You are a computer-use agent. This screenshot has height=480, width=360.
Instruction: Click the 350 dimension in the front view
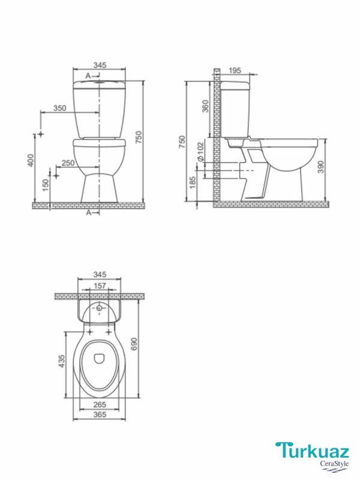[x=59, y=108]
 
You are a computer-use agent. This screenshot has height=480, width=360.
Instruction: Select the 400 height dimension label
[x=31, y=160]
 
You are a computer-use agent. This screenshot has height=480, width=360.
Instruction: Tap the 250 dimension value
[x=68, y=163]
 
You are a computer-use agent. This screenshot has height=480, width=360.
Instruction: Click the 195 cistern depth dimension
[x=235, y=71]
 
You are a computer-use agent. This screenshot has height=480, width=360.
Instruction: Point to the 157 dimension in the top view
[x=100, y=286]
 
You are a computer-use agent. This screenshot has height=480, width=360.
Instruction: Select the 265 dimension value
[x=100, y=404]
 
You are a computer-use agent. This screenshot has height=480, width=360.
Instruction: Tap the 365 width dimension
[x=100, y=414]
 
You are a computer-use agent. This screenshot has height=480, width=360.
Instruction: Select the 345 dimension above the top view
[x=100, y=274]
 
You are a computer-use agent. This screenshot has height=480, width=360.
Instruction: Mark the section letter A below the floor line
[x=88, y=212]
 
